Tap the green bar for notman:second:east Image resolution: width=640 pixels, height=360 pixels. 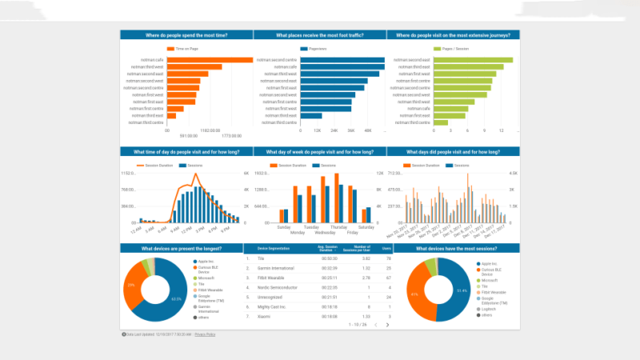coord(473,60)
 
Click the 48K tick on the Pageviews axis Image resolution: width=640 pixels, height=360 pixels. coord(367,130)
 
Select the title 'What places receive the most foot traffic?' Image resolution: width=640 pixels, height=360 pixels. coord(319,34)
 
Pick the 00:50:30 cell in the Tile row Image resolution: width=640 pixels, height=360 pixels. coord(330,258)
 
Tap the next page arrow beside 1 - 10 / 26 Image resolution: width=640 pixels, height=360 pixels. coord(387,325)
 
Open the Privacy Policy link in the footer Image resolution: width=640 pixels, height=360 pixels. coord(206,334)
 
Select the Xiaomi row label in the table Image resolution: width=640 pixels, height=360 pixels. coord(263,315)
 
